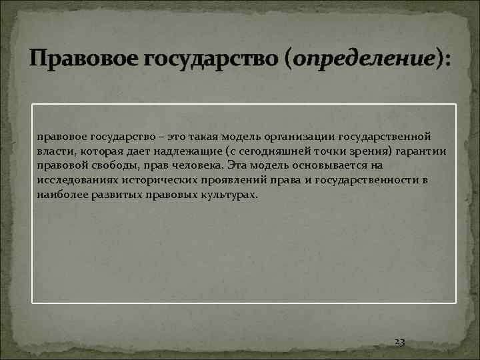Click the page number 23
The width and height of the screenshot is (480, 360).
400,341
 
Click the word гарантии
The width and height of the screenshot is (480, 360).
423,151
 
